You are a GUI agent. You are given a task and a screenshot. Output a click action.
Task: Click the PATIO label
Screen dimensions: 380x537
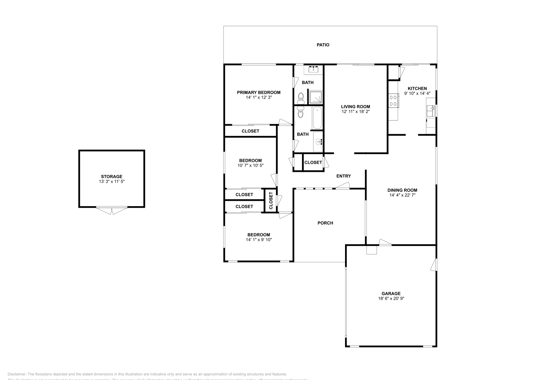point(323,45)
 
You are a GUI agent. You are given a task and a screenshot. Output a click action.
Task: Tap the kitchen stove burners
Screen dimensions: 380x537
point(393,101)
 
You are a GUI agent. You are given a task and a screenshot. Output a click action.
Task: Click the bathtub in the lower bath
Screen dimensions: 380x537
point(317,118)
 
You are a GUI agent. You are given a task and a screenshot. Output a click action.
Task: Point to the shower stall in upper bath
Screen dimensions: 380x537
point(315,97)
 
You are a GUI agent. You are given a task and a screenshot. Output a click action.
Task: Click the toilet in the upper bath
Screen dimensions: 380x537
point(301,98)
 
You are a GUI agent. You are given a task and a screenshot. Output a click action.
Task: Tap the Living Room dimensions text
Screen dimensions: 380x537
point(355,111)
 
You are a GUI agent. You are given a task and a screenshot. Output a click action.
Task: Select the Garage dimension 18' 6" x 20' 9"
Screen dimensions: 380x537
point(391,298)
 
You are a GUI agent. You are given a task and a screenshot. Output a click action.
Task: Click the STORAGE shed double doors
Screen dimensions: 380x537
point(112,210)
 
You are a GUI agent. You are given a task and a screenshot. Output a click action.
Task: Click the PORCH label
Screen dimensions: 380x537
point(325,223)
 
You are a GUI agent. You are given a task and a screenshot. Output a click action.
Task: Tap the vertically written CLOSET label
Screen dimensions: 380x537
point(271,201)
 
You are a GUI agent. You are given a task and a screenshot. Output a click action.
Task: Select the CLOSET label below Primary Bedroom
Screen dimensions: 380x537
point(250,131)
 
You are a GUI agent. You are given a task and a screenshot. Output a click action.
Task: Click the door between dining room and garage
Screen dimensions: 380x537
point(385,242)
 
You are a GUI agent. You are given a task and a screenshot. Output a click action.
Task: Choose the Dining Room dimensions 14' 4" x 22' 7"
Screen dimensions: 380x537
point(402,195)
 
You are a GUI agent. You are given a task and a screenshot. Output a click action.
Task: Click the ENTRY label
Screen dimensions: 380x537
point(343,176)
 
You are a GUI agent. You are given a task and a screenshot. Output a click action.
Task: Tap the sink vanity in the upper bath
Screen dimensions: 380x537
point(314,69)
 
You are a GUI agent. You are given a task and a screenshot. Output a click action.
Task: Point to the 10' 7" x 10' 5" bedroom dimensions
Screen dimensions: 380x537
point(250,165)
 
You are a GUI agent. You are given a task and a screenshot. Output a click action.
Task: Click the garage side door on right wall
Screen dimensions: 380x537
point(434,265)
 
